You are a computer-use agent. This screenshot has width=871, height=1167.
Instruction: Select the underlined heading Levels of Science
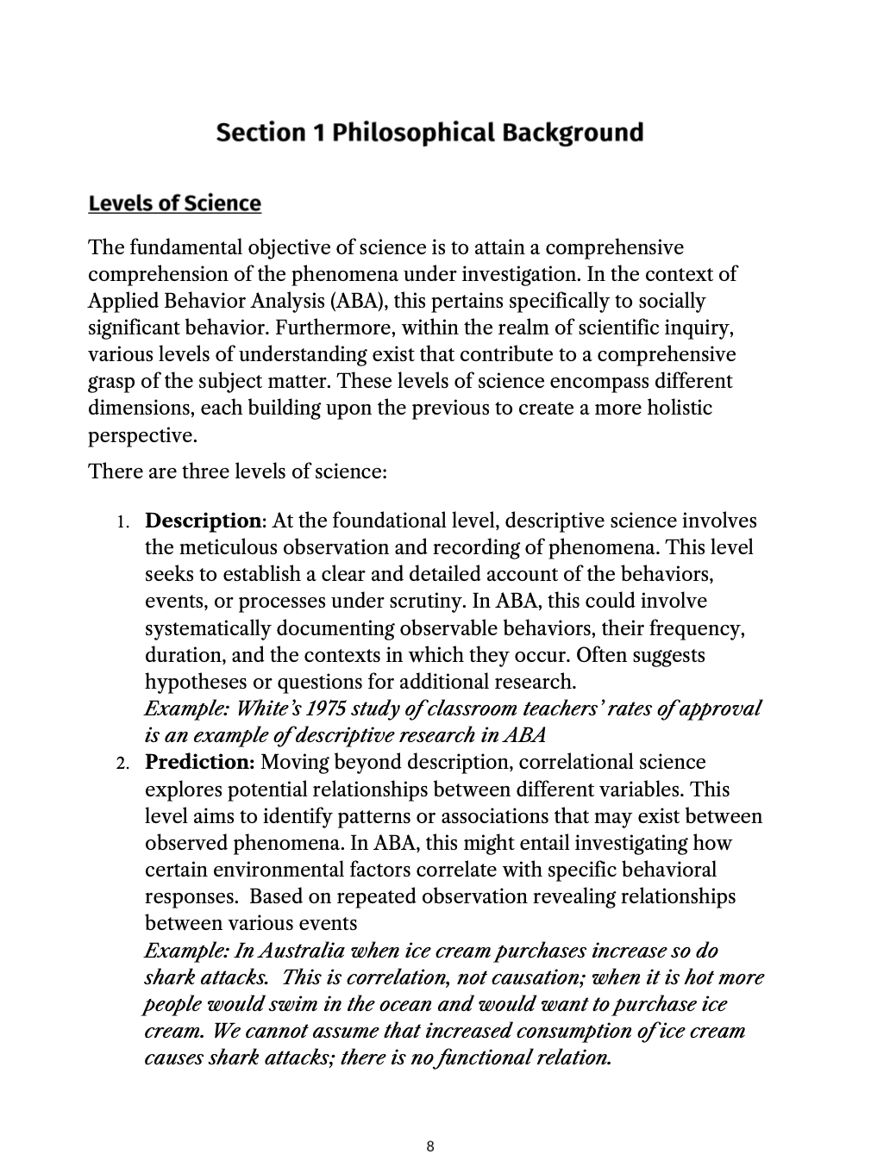174,203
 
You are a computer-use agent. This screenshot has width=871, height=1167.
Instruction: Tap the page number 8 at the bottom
430,1146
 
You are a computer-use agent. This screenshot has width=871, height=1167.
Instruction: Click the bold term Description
203,521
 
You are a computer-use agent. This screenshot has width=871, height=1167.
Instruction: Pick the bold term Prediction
199,762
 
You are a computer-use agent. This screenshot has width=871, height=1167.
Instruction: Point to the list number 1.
122,522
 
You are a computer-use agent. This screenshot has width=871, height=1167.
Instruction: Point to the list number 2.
122,764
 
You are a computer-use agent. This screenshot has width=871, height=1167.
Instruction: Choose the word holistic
677,408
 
